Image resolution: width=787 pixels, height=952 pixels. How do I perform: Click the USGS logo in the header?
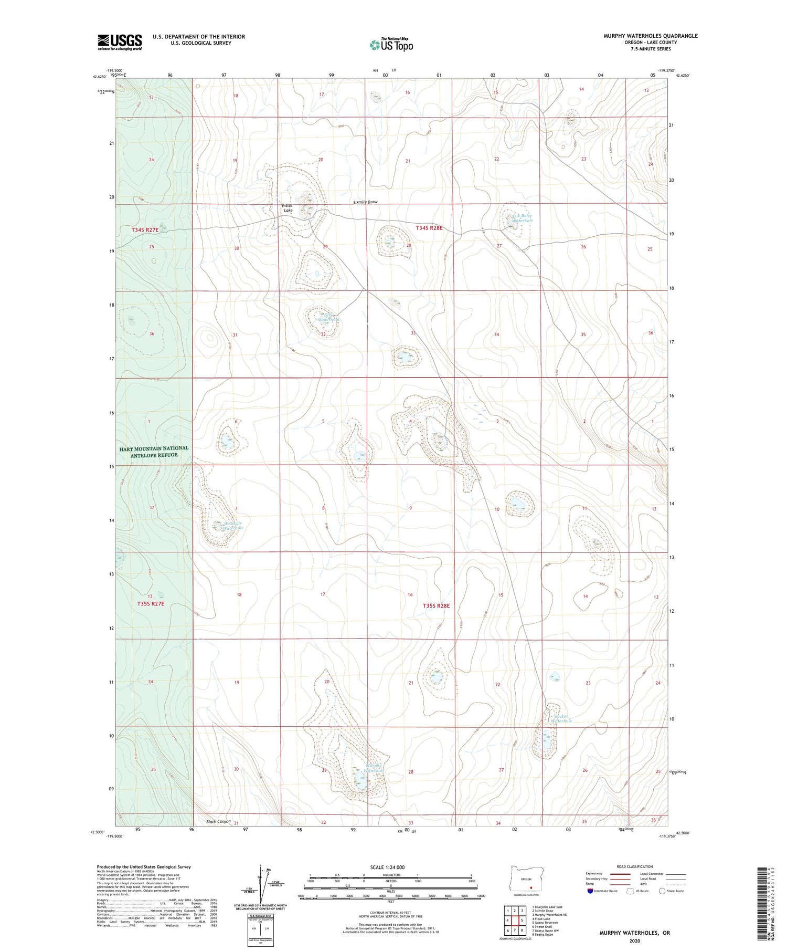pos(120,42)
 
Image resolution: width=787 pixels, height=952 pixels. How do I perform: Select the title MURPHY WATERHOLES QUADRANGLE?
pos(650,36)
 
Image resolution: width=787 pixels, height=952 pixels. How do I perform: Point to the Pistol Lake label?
pos(288,207)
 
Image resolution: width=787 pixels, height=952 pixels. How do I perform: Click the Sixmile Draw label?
pos(365,202)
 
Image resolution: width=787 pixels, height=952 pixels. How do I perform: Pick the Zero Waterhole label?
pos(328,317)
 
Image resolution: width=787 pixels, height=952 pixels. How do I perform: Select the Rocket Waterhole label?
pos(560,718)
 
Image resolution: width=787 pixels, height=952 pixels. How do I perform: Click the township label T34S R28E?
pos(429,228)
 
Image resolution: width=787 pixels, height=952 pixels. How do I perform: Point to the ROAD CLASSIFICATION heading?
pos(634,866)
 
